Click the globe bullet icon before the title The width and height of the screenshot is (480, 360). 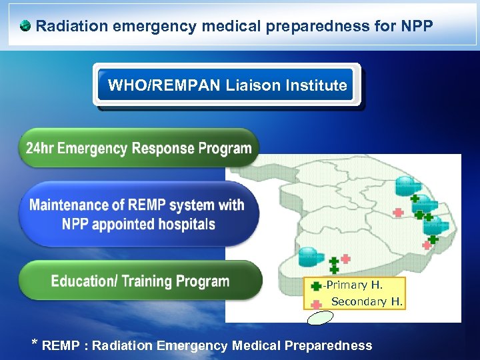[x=25, y=27]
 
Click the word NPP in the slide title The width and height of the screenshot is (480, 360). [x=418, y=27]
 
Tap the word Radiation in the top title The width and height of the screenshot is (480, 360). [x=67, y=27]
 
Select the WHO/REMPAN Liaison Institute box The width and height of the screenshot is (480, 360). [x=227, y=85]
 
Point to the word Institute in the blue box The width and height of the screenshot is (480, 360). [x=319, y=85]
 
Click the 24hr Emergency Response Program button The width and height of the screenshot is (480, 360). [x=139, y=148]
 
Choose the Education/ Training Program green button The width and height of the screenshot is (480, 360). [x=140, y=281]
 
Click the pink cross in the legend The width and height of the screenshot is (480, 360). [x=317, y=302]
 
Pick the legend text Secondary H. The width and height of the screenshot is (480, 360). [x=367, y=302]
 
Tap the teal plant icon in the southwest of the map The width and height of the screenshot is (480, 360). [x=308, y=255]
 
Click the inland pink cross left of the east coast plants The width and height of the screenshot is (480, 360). [x=398, y=213]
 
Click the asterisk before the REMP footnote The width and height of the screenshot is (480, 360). [x=35, y=344]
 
